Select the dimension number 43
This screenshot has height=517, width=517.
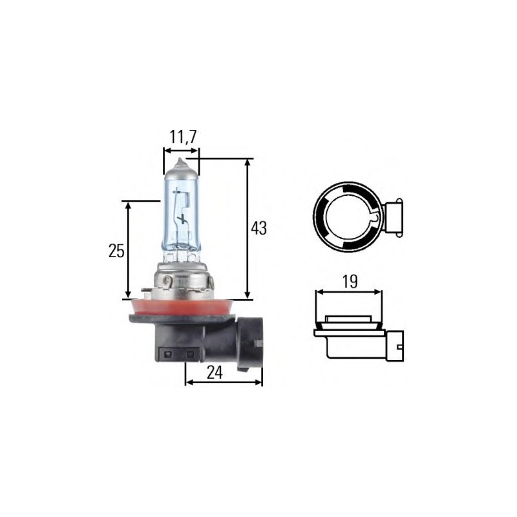pos(258,228)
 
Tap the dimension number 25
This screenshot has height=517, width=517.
pos(116,251)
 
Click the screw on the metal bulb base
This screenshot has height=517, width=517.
pos(168,281)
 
